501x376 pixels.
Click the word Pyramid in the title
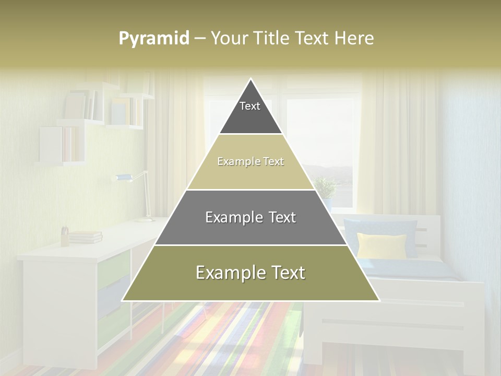click(x=154, y=39)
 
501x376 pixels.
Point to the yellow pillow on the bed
click(x=381, y=245)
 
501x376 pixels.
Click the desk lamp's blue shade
click(x=123, y=178)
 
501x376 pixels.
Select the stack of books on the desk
click(x=86, y=237)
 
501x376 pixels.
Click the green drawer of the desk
click(x=113, y=267)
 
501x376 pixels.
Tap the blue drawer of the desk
click(x=113, y=298)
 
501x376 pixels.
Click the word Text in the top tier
click(x=250, y=106)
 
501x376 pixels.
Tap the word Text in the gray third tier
click(x=279, y=217)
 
